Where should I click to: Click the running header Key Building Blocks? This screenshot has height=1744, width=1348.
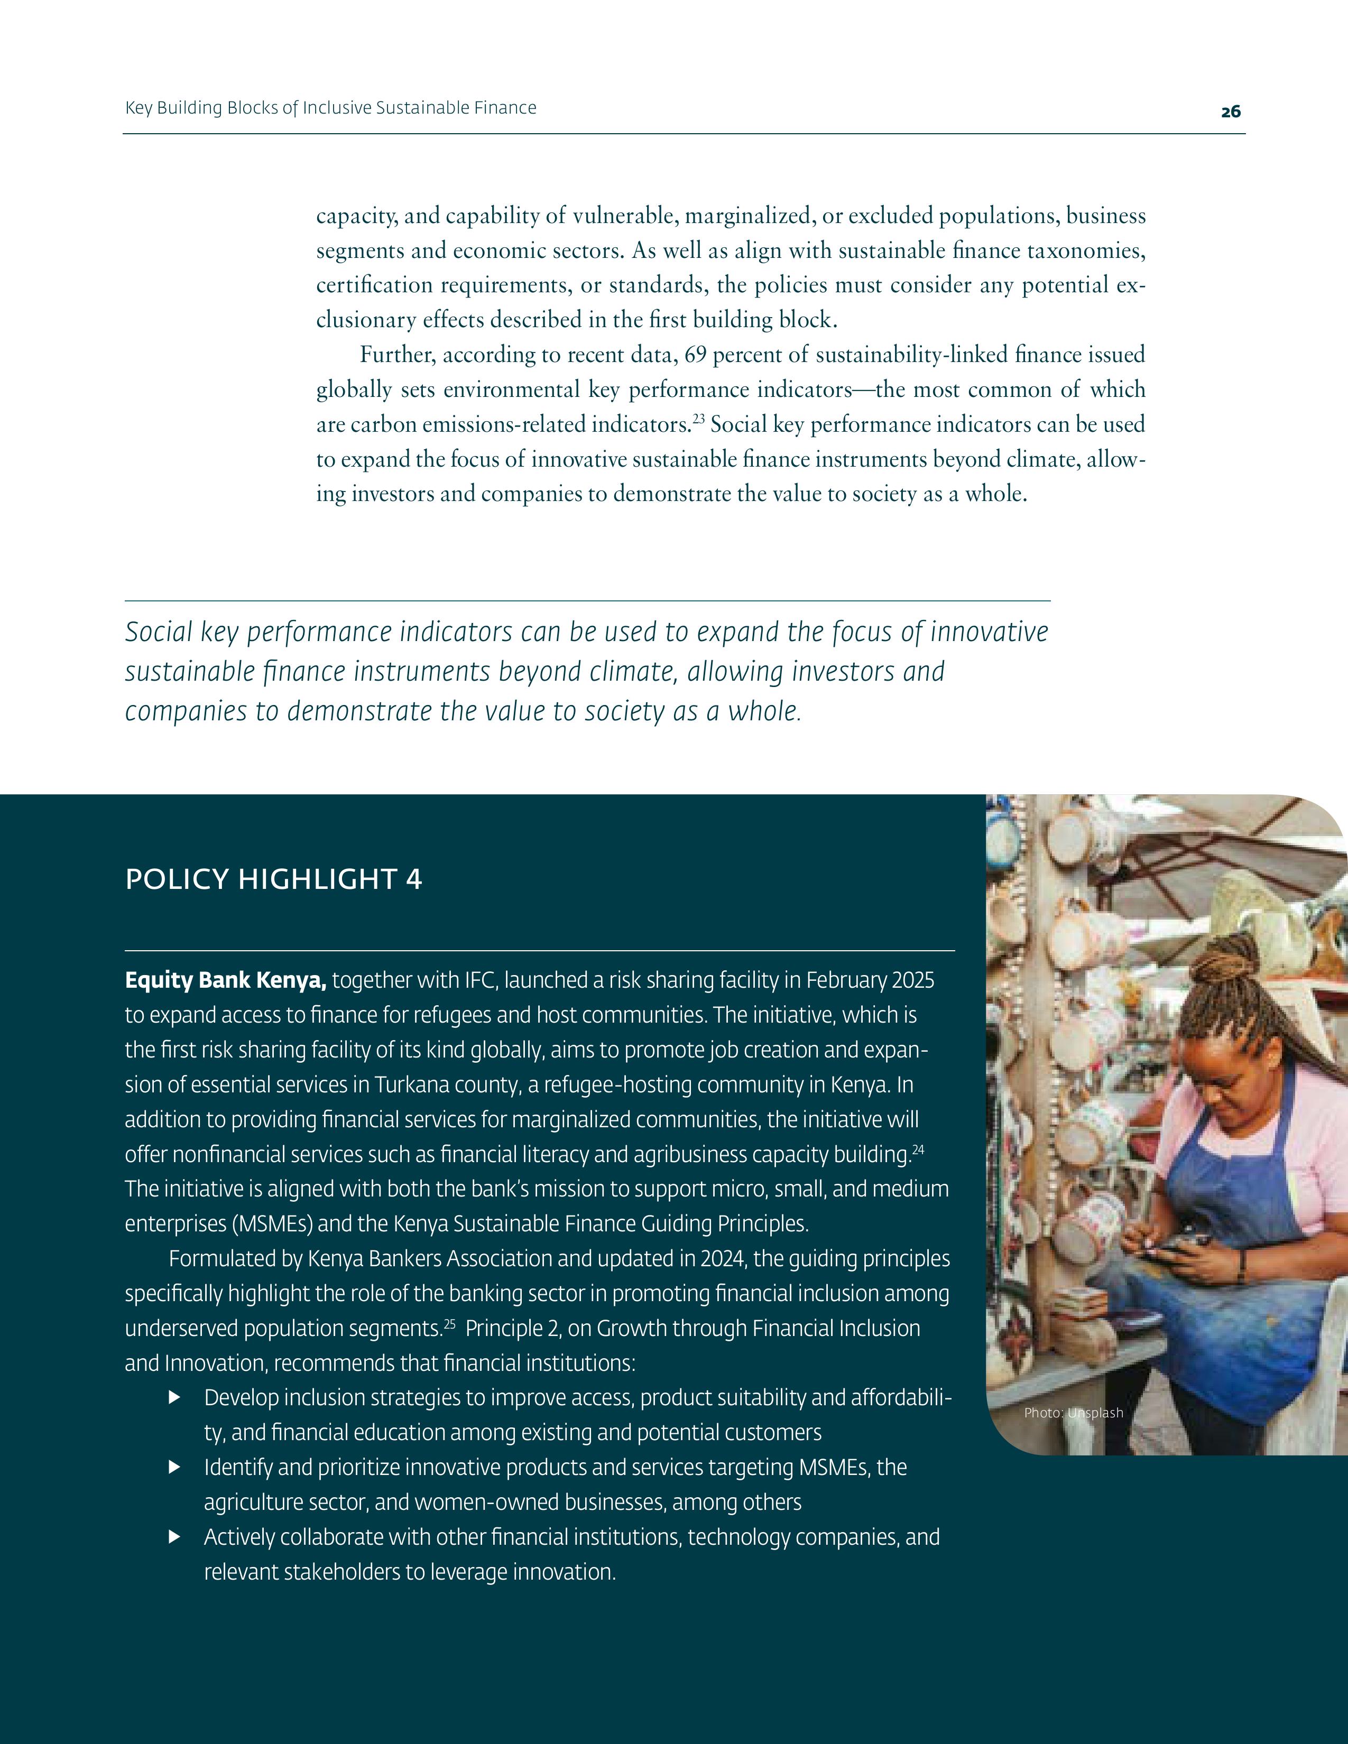(x=330, y=108)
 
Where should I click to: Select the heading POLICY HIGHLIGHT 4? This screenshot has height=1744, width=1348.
(x=273, y=879)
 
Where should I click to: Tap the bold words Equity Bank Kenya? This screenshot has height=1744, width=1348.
(x=225, y=980)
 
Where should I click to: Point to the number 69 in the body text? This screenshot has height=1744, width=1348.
(x=696, y=355)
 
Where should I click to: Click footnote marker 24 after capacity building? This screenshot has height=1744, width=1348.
(x=918, y=1149)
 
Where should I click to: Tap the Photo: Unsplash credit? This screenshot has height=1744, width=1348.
(x=1073, y=1413)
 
